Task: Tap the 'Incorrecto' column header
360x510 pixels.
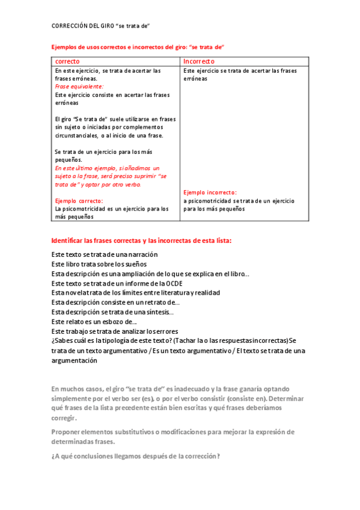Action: (199, 61)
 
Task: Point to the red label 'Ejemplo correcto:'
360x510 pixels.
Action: (79, 201)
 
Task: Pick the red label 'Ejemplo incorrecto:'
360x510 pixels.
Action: (210, 192)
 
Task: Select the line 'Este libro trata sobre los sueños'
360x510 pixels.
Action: (99, 264)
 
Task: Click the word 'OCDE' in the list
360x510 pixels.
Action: (174, 283)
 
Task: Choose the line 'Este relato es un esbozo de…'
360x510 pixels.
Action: (94, 322)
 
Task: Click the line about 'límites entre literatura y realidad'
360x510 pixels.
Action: (135, 292)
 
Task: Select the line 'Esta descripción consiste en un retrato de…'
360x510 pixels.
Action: (115, 302)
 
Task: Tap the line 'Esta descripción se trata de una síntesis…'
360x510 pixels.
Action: (112, 312)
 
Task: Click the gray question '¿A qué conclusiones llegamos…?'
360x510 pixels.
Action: (136, 456)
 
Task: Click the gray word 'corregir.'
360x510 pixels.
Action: (64, 417)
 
